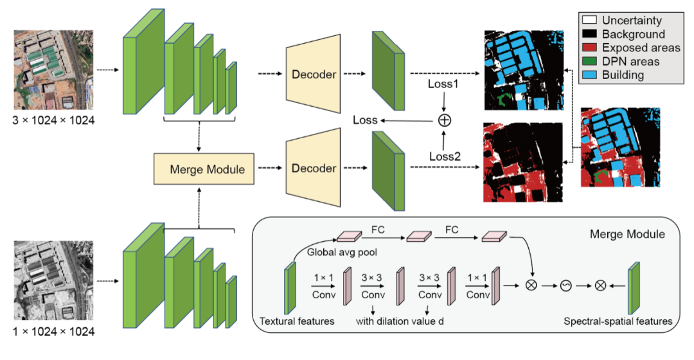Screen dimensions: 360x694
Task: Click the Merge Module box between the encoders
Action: [x=204, y=170]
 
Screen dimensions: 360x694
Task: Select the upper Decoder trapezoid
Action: [x=313, y=74]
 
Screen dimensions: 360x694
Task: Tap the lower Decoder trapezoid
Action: [x=313, y=168]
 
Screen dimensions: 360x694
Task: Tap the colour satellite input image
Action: [x=54, y=69]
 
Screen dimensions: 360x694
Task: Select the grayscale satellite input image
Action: [x=54, y=280]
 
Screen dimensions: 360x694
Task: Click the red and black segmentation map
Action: [x=522, y=163]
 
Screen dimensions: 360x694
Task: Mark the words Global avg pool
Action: [x=338, y=252]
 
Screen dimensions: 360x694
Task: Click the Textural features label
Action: [x=296, y=321]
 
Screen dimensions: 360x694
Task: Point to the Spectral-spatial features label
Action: [x=618, y=321]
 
